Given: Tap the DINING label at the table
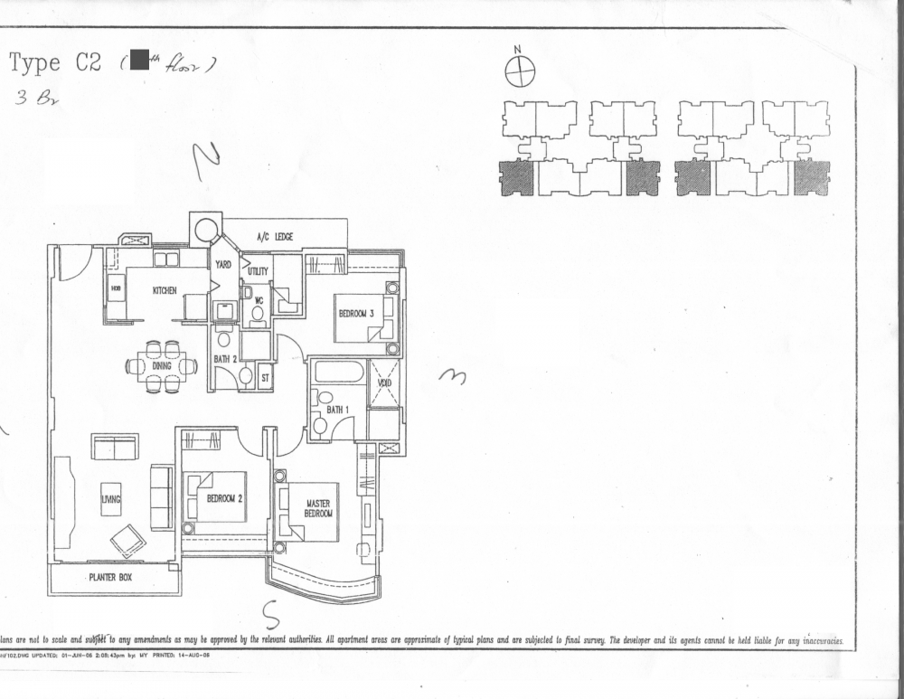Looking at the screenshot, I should click(162, 366).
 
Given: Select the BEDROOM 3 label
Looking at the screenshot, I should click(356, 313).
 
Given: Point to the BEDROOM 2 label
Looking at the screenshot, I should click(225, 498).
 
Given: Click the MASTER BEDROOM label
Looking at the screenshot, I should click(317, 508).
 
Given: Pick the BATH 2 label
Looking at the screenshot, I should click(224, 359).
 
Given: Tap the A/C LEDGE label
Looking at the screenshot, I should click(275, 237).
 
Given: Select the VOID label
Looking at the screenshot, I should click(384, 383).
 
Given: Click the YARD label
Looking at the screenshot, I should click(222, 265).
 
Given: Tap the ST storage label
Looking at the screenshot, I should click(265, 377).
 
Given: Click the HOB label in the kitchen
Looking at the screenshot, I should click(116, 289).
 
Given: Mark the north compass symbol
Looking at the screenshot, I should click(519, 71).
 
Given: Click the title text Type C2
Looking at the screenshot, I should click(48, 62).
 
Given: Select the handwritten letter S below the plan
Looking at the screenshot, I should click(270, 615).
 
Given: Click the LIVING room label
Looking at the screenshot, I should click(110, 498).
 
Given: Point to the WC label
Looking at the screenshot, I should click(258, 299).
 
